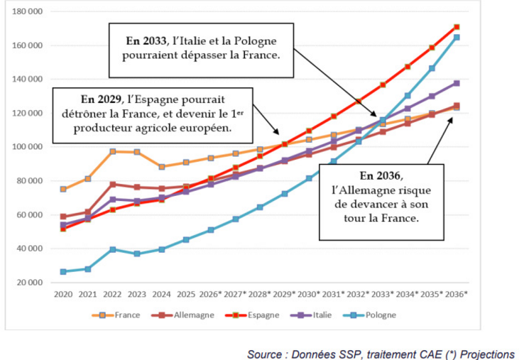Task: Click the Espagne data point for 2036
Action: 456,27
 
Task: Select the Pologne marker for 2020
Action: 63,271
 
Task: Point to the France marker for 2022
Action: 112,151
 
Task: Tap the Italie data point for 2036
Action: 456,83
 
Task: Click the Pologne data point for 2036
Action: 456,37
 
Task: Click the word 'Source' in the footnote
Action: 264,353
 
